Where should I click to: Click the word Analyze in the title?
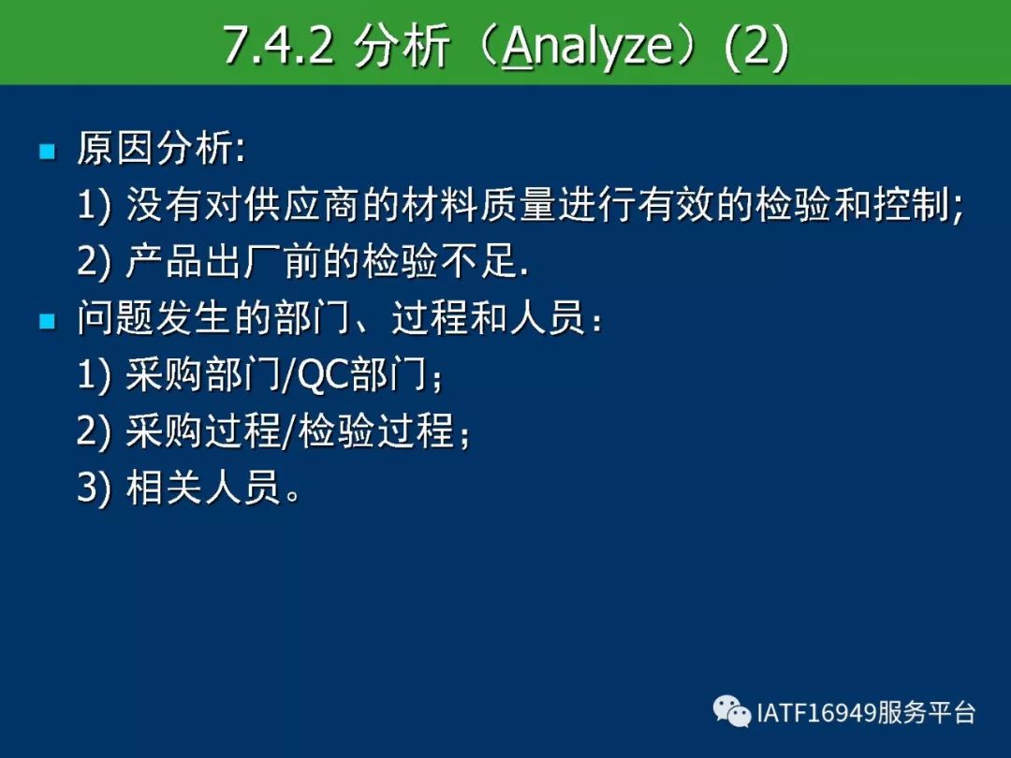tap(587, 47)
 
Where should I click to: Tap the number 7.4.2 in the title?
tap(279, 45)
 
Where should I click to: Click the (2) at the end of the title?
tap(756, 47)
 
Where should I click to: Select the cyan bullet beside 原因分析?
tap(47, 152)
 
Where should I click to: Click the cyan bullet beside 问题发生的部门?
tap(47, 320)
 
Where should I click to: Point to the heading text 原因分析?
tap(154, 148)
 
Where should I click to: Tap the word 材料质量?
tap(477, 205)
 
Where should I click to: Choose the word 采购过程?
tap(203, 430)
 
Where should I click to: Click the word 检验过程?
tap(375, 430)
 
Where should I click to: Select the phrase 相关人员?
tap(203, 486)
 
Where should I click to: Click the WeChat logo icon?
tap(732, 711)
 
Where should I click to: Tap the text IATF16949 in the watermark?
tap(815, 713)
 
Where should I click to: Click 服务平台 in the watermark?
tap(925, 713)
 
